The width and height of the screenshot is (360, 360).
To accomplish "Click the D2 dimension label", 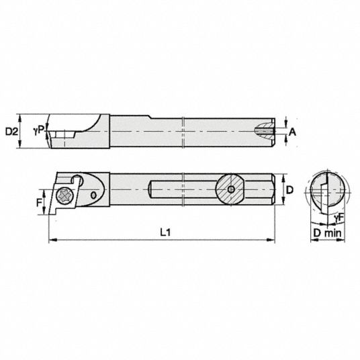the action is [11, 132].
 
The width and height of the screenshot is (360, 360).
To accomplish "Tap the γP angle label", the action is [39, 130].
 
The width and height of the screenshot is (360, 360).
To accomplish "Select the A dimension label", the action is [292, 132].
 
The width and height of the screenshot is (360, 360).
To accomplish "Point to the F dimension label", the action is [40, 203].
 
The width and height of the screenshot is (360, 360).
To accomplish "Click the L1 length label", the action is [165, 233].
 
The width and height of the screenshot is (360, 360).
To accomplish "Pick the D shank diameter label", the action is [290, 190].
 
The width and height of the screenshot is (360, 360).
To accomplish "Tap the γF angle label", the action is [339, 218].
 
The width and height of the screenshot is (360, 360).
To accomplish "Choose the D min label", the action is [327, 233].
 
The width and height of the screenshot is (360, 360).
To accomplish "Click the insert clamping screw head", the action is [65, 195].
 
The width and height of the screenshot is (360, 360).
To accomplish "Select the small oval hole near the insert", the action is [93, 195].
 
